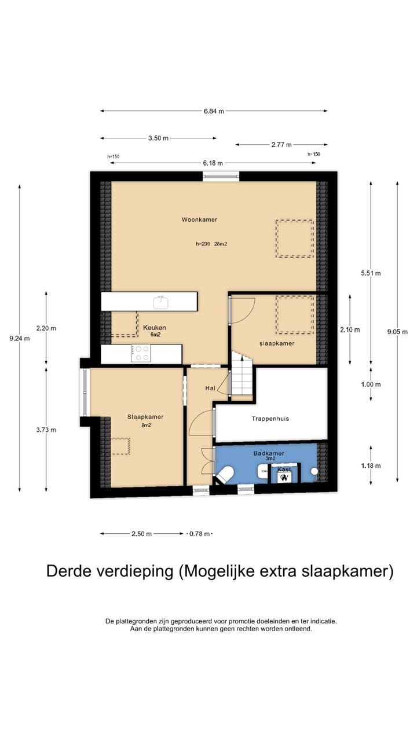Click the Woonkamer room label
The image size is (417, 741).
click(x=199, y=220)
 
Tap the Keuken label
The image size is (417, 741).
click(x=154, y=327)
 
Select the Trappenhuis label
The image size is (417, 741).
click(x=270, y=419)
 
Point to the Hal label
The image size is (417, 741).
click(x=210, y=387)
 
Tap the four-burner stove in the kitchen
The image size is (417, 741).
click(x=141, y=353)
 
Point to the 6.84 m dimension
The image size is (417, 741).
click(x=214, y=111)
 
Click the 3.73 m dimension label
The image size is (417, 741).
click(x=46, y=430)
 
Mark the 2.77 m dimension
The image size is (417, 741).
click(x=281, y=145)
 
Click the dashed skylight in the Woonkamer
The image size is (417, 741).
click(x=294, y=238)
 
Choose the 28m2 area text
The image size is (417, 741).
click(x=220, y=244)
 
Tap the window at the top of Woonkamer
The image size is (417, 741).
click(x=221, y=177)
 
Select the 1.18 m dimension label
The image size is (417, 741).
click(x=371, y=465)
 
